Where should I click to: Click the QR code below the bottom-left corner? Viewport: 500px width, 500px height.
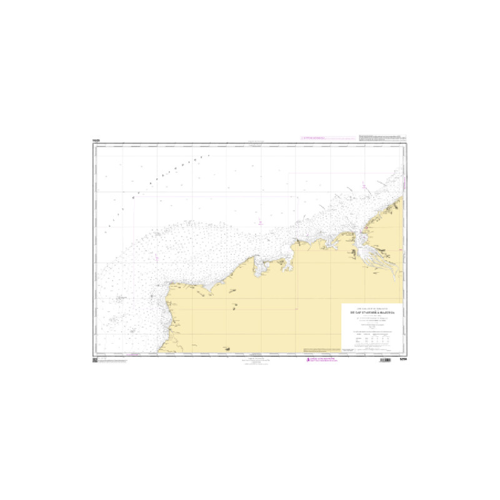[95, 361]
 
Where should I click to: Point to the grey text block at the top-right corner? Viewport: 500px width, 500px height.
[382, 137]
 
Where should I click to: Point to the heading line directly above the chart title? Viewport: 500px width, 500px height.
[372, 307]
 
